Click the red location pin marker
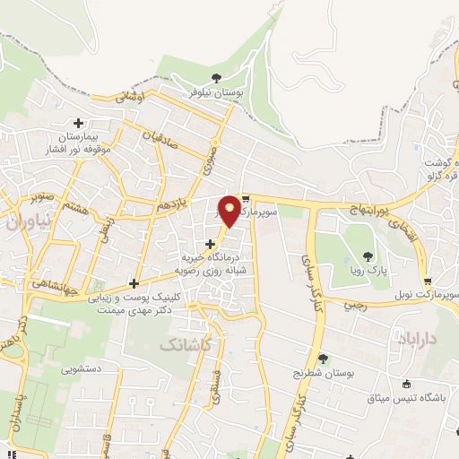coord(229,210)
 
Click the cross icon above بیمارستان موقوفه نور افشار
coord(79,123)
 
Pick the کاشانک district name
coord(186,342)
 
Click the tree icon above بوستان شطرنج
coord(323,359)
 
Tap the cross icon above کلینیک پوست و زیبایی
coord(134,283)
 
